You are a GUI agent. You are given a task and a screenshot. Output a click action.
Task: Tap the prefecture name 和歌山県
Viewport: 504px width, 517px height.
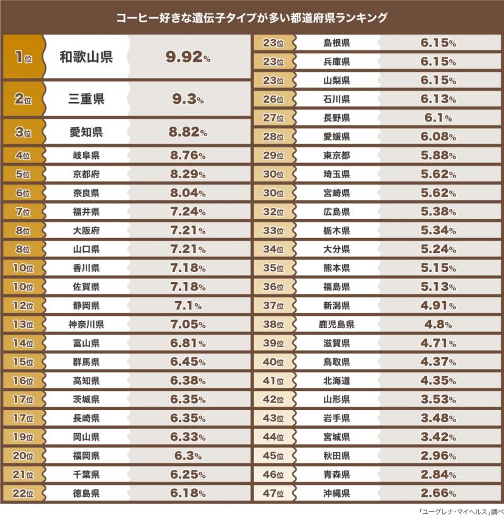coord(86,57)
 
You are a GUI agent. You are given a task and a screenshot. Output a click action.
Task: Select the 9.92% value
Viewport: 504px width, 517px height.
coord(187,57)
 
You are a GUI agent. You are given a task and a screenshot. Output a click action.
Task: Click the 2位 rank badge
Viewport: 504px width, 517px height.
coord(23,99)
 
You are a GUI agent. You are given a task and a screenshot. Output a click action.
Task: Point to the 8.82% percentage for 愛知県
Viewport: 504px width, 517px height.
coord(187,132)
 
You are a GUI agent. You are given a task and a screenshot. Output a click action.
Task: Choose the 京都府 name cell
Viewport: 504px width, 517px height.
coord(86,173)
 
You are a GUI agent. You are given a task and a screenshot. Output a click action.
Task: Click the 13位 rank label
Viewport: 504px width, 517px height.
coord(23,325)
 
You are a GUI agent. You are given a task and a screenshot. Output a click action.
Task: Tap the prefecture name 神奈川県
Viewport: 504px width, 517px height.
coord(86,325)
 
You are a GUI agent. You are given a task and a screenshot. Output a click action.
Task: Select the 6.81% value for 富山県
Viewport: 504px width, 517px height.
coord(187,344)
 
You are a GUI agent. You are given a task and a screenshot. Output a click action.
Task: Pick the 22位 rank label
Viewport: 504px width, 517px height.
coord(23,494)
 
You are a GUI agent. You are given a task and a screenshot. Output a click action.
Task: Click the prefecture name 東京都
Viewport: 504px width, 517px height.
coord(336,155)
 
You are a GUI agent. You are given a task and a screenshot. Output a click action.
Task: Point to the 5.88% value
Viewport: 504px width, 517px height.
coord(437,155)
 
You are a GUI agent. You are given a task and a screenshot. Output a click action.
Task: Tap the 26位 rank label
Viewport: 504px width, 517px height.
coord(273,99)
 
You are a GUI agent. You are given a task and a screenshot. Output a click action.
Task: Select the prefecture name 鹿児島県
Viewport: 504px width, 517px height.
coord(336,324)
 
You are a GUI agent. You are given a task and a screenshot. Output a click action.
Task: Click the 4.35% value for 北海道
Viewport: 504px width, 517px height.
coord(437,380)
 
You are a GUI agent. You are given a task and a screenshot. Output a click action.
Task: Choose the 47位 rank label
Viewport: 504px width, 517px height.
coord(273,493)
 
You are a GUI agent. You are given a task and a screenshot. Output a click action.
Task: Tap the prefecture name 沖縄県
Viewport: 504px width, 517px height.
coord(336,493)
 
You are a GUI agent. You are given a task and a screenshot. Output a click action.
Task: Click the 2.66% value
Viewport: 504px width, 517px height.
coord(437,493)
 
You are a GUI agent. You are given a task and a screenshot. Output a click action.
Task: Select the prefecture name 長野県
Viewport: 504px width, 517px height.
coord(336,118)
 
